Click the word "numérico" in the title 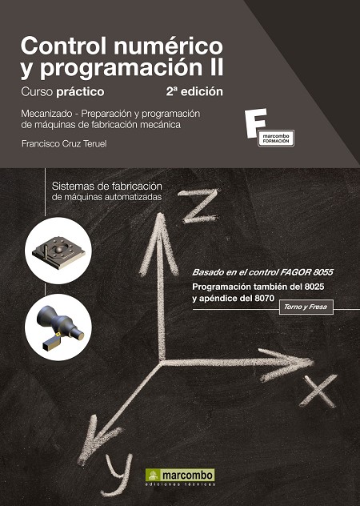click(168, 46)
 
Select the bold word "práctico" click(80, 92)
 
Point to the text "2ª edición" click(194, 91)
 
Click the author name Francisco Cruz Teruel click(64, 143)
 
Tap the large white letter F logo click(255, 123)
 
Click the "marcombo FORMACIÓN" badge click(276, 139)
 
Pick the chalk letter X click(318, 391)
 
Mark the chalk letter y click(120, 470)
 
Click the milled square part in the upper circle click(58, 252)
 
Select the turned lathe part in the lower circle click(59, 327)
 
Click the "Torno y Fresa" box click(306, 307)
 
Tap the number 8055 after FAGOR click(322, 272)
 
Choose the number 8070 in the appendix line click(264, 298)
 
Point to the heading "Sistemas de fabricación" click(106, 187)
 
